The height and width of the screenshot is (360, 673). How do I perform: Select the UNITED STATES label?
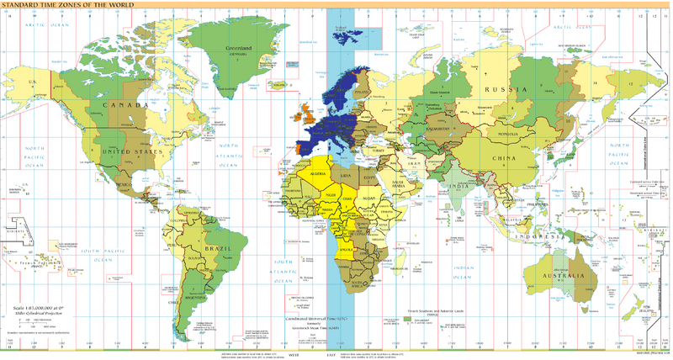point(130,151)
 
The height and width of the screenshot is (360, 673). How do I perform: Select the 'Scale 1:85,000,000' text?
point(39,310)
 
